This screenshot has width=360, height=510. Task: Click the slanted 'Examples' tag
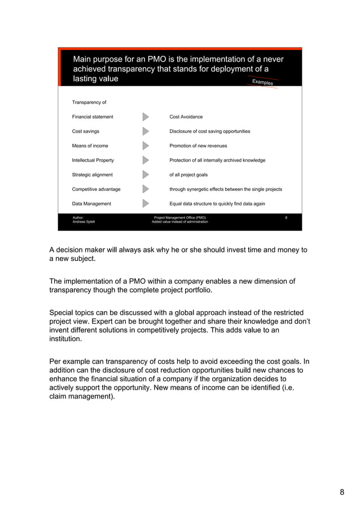coord(262,82)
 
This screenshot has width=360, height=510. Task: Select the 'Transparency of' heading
coord(89,102)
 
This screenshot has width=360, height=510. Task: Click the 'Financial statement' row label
coord(93,117)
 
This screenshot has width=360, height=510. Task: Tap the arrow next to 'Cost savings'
coord(146,131)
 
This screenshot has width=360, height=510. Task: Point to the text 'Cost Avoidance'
coord(186,117)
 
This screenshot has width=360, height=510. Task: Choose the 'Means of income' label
coord(90,146)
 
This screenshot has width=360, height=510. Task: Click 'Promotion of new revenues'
coord(198,146)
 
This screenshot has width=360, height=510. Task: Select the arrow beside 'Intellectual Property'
coord(146,160)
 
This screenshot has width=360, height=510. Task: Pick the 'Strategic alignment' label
coord(92,175)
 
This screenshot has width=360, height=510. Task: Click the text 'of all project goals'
coord(188,175)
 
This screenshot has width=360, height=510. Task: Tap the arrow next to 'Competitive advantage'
coord(146,189)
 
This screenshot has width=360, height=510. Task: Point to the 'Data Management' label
coord(91,204)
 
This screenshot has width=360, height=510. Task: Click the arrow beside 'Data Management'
coord(146,204)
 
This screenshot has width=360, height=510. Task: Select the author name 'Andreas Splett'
coord(84,222)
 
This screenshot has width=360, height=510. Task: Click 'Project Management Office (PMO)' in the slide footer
coord(180,217)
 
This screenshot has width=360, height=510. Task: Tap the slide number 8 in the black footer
coord(286,217)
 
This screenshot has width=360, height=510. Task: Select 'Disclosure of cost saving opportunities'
coord(210,131)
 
